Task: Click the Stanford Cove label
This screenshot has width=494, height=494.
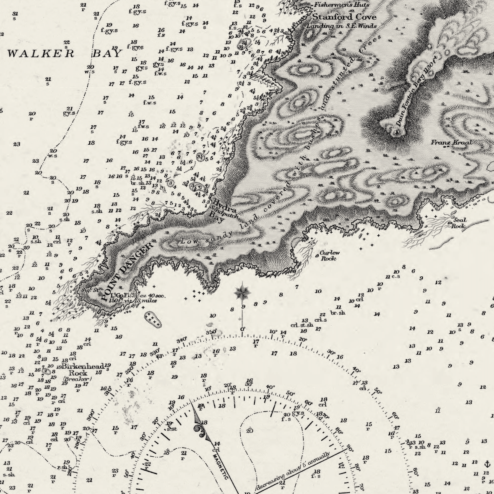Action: pyautogui.click(x=344, y=17)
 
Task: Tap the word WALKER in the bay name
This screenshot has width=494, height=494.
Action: pyautogui.click(x=41, y=53)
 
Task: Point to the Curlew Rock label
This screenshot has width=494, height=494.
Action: pyautogui.click(x=330, y=255)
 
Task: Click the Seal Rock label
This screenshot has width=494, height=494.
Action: pyautogui.click(x=458, y=223)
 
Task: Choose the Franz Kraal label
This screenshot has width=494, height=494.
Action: pyautogui.click(x=451, y=143)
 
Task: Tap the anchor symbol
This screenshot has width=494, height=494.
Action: pyautogui.click(x=487, y=464)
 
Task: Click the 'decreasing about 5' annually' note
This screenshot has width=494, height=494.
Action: pyautogui.click(x=293, y=471)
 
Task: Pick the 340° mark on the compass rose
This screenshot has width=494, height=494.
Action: pyautogui.click(x=181, y=340)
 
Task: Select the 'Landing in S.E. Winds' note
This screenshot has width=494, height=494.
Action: pyautogui.click(x=341, y=26)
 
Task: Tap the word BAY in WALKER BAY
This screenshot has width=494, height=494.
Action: pyautogui.click(x=107, y=53)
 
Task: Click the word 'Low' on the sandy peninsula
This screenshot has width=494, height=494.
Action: pyautogui.click(x=186, y=242)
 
